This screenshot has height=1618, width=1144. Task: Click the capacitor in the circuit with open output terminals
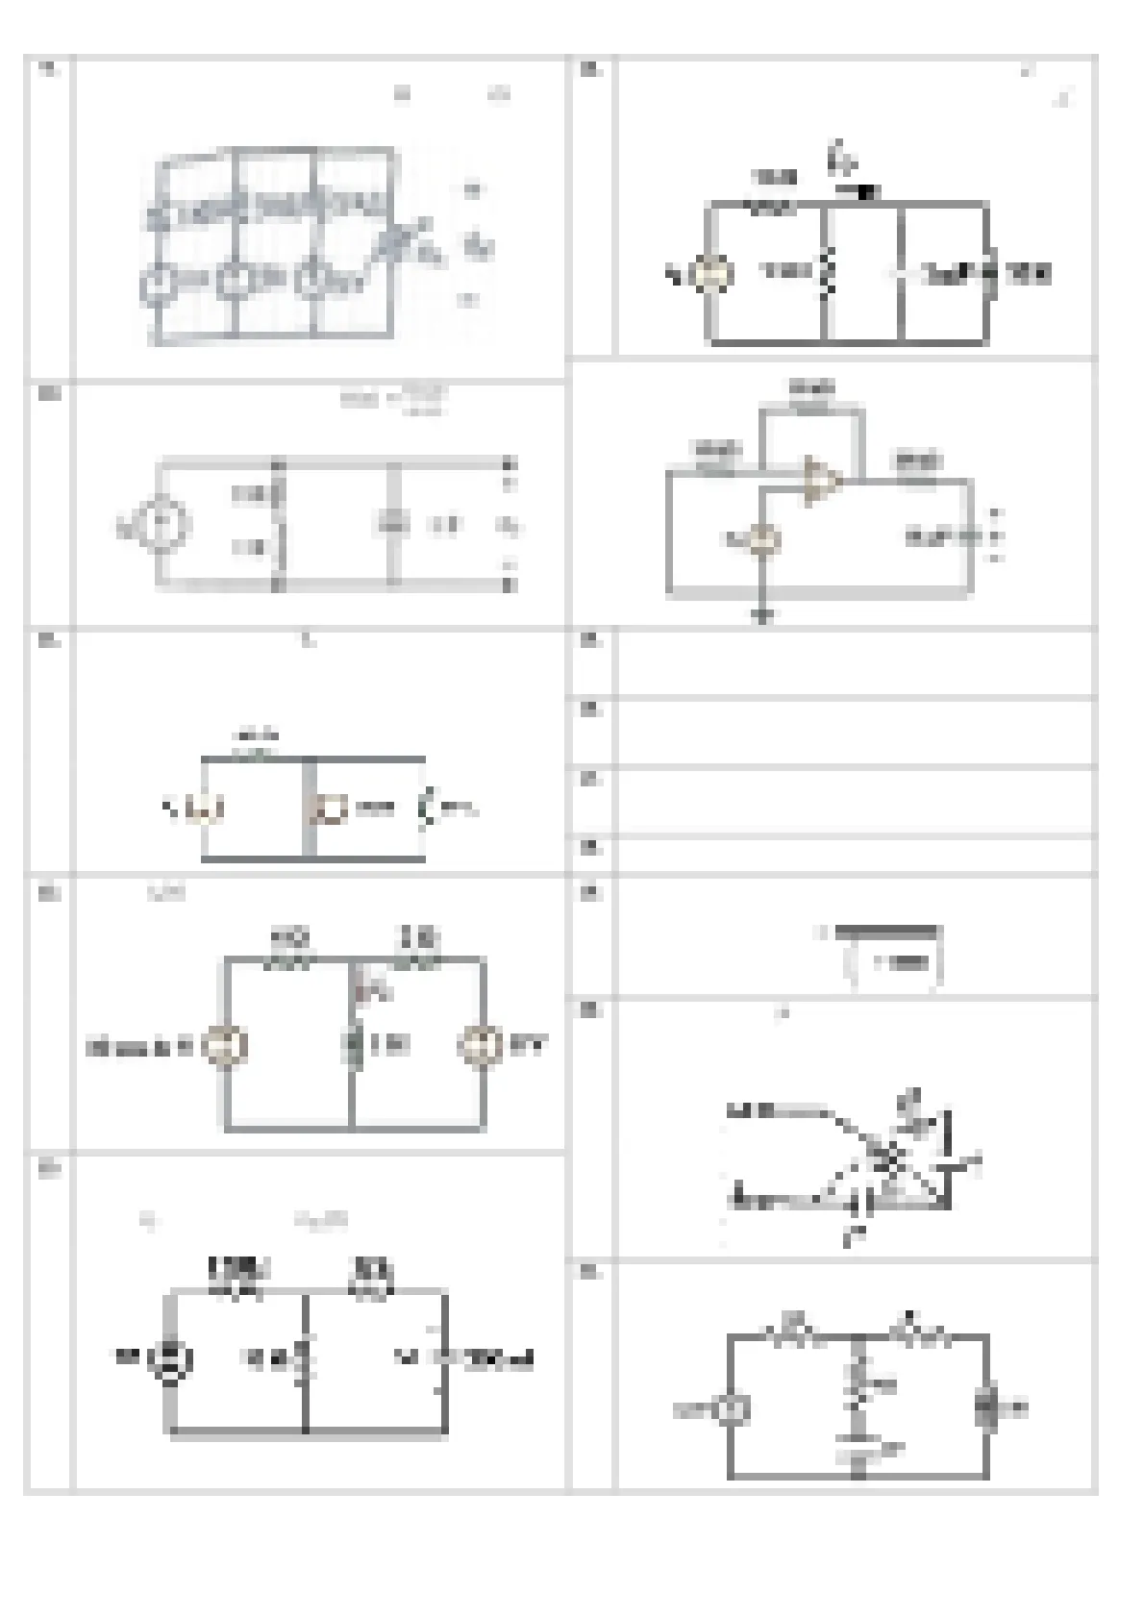[x=392, y=525]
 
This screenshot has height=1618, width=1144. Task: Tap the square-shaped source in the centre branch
[x=332, y=809]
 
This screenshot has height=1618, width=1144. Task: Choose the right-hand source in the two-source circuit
[x=478, y=1046]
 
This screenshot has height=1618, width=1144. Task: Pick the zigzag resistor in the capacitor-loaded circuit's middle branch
[x=824, y=273]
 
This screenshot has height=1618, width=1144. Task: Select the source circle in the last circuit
[x=730, y=1409]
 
